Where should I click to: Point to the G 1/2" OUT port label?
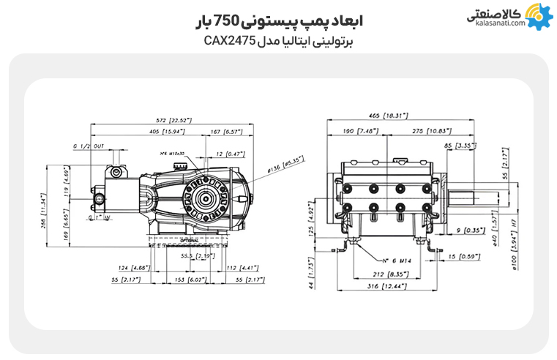[x=89, y=146]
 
